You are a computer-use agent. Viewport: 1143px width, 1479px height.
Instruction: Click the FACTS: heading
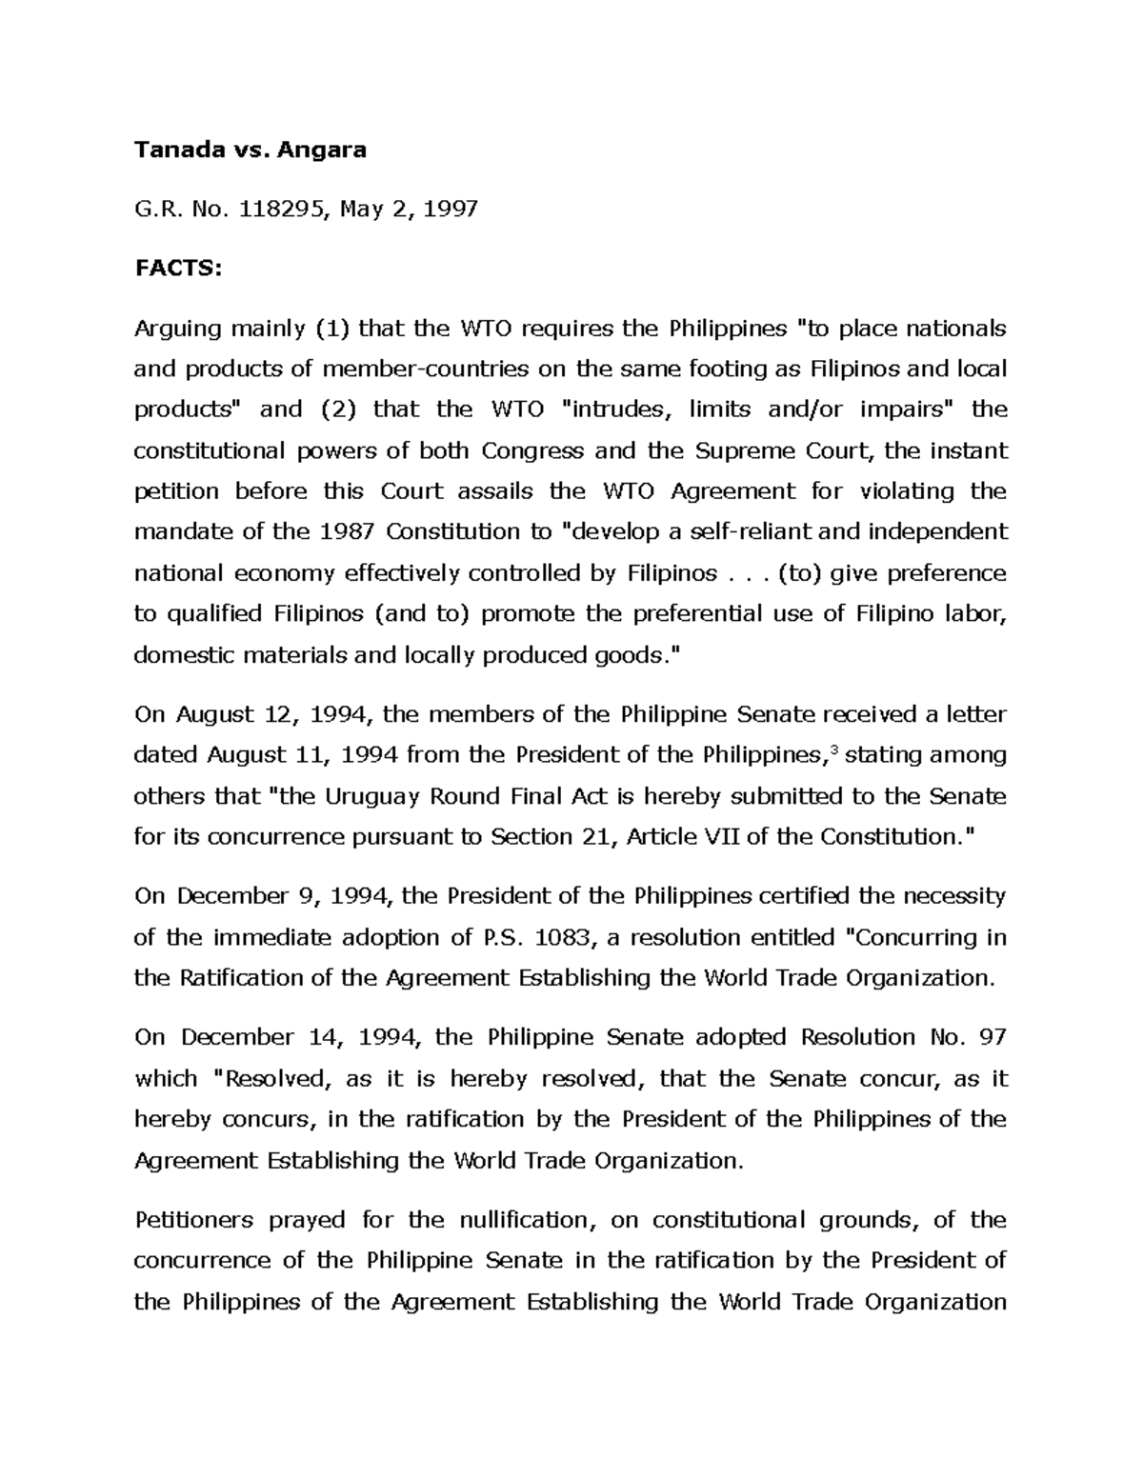[x=177, y=269]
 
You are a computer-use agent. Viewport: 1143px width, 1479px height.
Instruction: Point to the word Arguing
[x=176, y=330]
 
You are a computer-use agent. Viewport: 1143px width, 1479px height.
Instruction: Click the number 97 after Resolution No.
[x=991, y=1038]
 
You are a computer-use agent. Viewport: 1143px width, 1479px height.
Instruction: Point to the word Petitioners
[x=193, y=1221]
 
